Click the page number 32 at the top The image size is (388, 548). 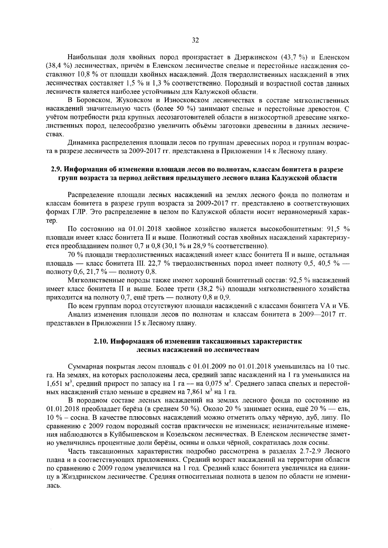pyautogui.click(x=195, y=40)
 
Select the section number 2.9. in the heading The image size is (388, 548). pyautogui.click(x=58, y=169)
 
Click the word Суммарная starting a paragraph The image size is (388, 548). pyautogui.click(x=85, y=367)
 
